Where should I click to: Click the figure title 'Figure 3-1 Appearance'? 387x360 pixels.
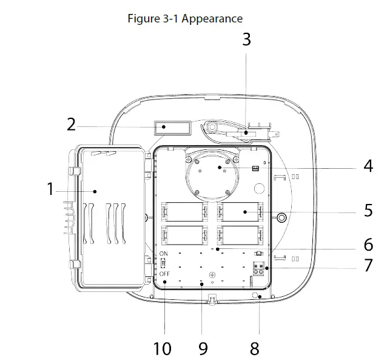[185, 18]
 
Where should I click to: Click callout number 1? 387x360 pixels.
[50, 189]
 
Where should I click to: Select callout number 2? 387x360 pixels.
[72, 126]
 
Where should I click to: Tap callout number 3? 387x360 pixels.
[246, 39]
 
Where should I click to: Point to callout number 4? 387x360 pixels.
[368, 166]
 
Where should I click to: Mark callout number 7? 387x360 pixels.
[368, 265]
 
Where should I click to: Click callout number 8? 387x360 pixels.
[255, 348]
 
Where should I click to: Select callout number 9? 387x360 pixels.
[203, 348]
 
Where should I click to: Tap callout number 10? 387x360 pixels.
[162, 348]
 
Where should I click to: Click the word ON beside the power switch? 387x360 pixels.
[164, 253]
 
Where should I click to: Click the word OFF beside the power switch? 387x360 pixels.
[164, 274]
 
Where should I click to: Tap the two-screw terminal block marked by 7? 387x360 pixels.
[259, 268]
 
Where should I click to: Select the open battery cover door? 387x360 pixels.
[109, 216]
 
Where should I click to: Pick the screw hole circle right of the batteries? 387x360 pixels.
[281, 216]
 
